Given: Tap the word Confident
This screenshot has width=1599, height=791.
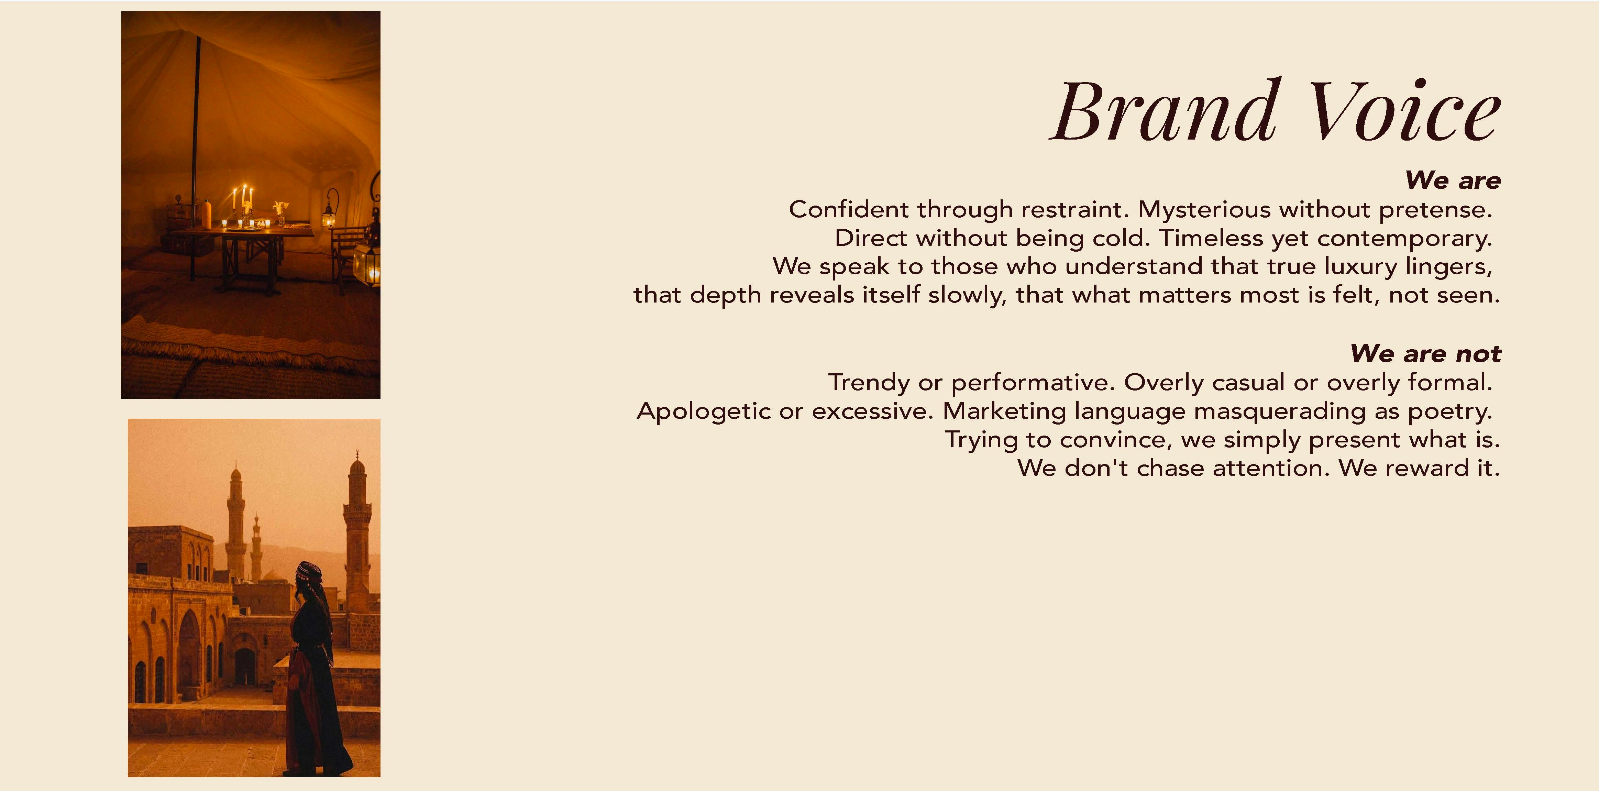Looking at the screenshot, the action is tap(849, 209).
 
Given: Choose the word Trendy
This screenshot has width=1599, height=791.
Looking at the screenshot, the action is tap(869, 383).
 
